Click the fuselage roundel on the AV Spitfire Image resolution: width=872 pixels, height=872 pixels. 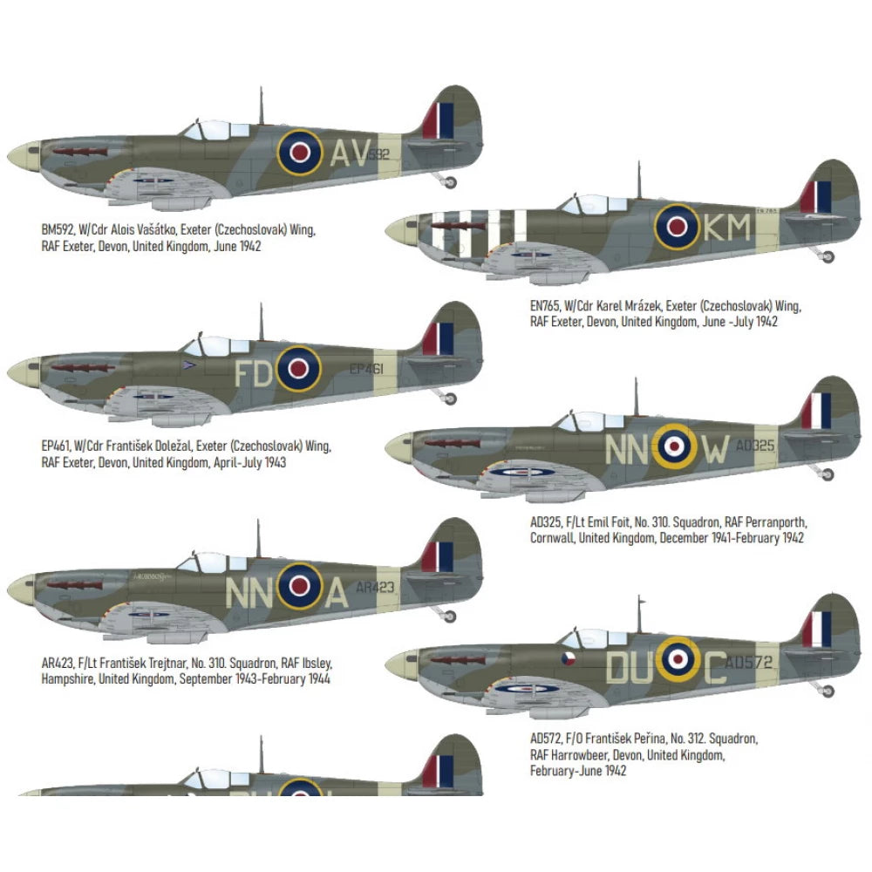coord(299,153)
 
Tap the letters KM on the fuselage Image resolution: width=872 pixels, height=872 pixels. coord(726,228)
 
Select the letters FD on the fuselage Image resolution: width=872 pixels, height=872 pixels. coord(254,372)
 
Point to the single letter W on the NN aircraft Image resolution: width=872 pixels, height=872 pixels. coord(715,449)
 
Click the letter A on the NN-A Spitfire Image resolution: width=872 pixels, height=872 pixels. coord(337,593)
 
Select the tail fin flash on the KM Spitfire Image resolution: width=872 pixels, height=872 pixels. coord(815,197)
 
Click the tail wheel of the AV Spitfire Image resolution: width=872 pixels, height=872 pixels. coord(450,181)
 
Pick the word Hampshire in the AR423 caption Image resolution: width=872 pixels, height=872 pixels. coord(72,678)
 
